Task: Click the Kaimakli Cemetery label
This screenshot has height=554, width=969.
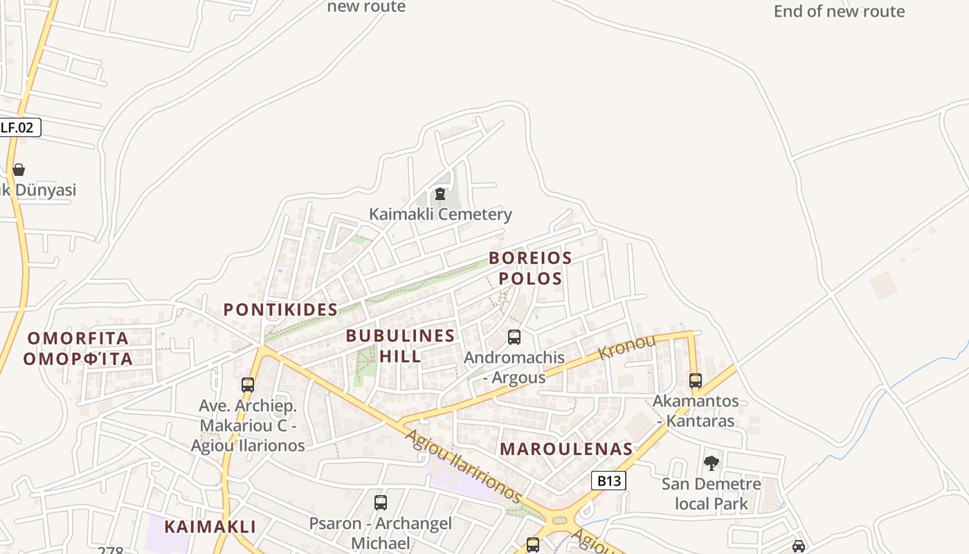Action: pos(440,215)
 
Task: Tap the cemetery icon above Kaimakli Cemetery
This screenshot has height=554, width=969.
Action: pos(440,194)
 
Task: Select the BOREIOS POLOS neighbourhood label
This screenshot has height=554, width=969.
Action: pos(530,268)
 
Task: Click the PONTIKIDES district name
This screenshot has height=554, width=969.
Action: pos(280,310)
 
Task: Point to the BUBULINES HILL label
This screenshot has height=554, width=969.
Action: pos(400,346)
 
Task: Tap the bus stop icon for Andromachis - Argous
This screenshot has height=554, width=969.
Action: pos(514,337)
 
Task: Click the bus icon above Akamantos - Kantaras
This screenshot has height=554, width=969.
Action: pos(696,381)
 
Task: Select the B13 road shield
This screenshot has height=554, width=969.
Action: pos(609,481)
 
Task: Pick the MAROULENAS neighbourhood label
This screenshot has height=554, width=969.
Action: pos(566,449)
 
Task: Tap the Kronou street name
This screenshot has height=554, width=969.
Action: pos(626,346)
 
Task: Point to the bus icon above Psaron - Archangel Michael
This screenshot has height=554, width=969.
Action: pos(380,503)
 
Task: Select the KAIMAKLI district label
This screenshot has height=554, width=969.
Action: pos(210,526)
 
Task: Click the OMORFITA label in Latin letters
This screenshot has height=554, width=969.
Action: pos(78,339)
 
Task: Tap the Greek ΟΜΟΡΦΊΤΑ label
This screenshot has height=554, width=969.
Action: pos(78,359)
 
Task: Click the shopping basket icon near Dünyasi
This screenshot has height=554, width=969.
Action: pos(19,170)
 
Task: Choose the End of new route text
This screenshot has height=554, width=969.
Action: pos(839,11)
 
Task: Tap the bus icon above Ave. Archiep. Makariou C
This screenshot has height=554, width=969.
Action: pos(248,385)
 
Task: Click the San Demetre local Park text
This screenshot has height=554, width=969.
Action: pos(712,494)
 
